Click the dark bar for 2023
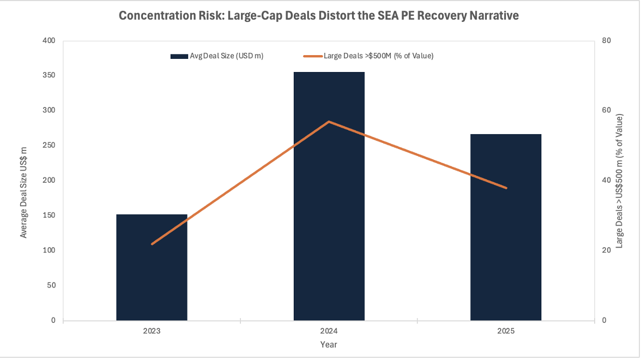click(152, 267)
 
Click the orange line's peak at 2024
click(329, 122)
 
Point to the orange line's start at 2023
click(152, 244)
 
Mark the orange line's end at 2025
click(506, 188)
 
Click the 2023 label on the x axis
click(152, 331)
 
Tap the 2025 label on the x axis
click(506, 331)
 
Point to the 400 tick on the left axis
click(49, 40)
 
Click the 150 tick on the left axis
click(49, 215)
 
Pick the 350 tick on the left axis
click(49, 75)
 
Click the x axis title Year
click(329, 345)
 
